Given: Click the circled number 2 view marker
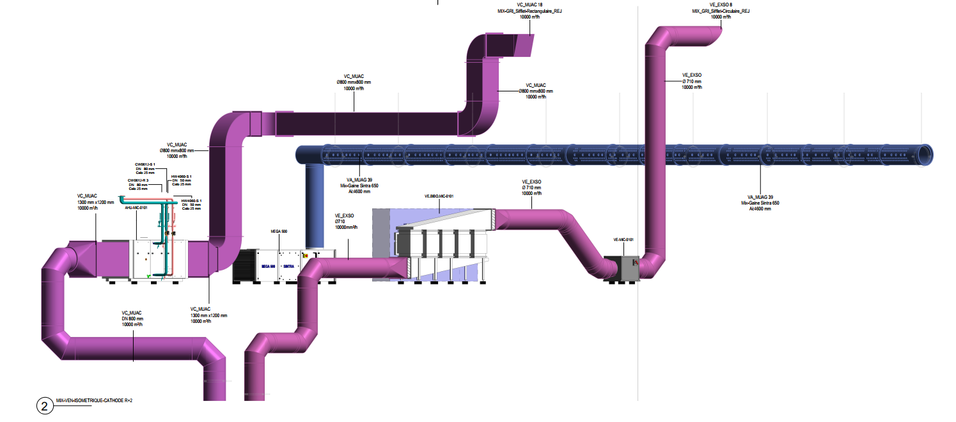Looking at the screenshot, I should click(x=44, y=405).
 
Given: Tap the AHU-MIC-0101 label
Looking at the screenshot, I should click(x=136, y=208).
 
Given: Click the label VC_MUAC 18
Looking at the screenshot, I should click(x=521, y=5).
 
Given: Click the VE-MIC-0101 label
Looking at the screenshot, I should click(x=623, y=239).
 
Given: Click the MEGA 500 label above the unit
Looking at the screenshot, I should click(x=279, y=231).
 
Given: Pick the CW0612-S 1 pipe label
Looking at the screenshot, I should click(x=145, y=164).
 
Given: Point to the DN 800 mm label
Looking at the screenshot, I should click(x=132, y=318).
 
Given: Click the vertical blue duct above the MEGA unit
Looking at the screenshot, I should click(x=315, y=205).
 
